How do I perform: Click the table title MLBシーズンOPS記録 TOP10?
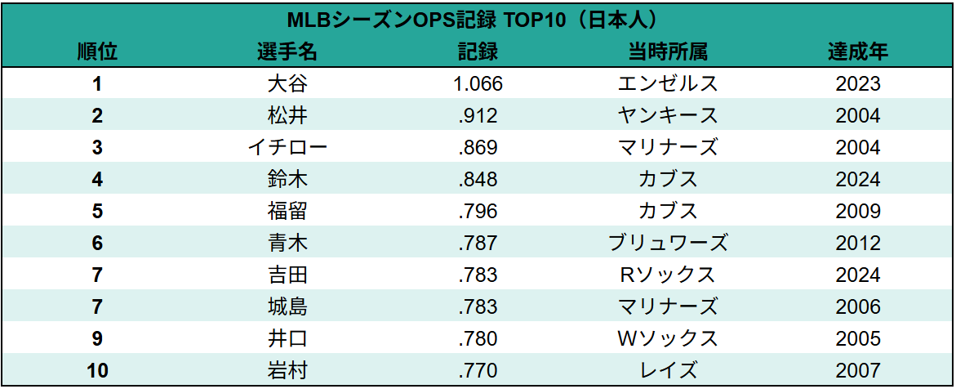tap(477, 20)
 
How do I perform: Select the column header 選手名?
tap(287, 51)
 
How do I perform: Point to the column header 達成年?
tap(858, 51)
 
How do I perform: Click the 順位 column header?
tap(97, 51)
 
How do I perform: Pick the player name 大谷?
tap(287, 83)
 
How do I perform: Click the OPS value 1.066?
tap(478, 83)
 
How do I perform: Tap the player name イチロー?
tap(287, 147)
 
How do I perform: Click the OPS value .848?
tap(478, 179)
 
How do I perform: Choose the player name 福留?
tap(287, 211)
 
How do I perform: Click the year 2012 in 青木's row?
tap(858, 243)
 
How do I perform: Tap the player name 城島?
tap(287, 306)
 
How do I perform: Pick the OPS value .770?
tap(478, 370)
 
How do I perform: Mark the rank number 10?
tap(97, 370)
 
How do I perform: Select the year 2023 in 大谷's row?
tap(858, 83)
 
